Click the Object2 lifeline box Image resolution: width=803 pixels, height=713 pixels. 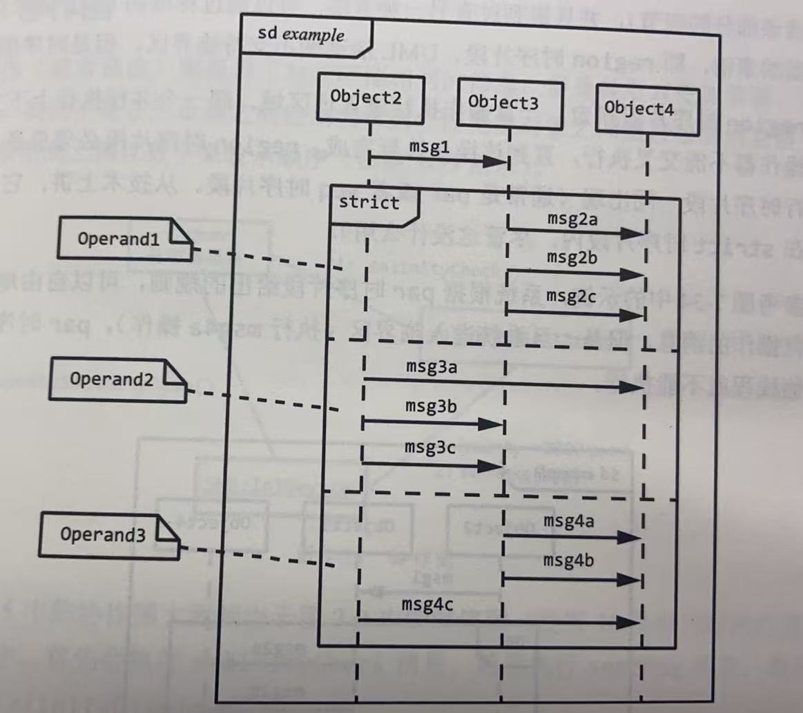[365, 97]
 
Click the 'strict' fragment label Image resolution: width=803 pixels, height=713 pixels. [369, 202]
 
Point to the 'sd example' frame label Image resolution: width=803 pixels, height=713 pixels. [301, 34]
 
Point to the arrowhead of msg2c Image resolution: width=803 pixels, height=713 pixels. [632, 315]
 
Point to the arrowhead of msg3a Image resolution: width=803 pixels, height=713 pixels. [631, 387]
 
